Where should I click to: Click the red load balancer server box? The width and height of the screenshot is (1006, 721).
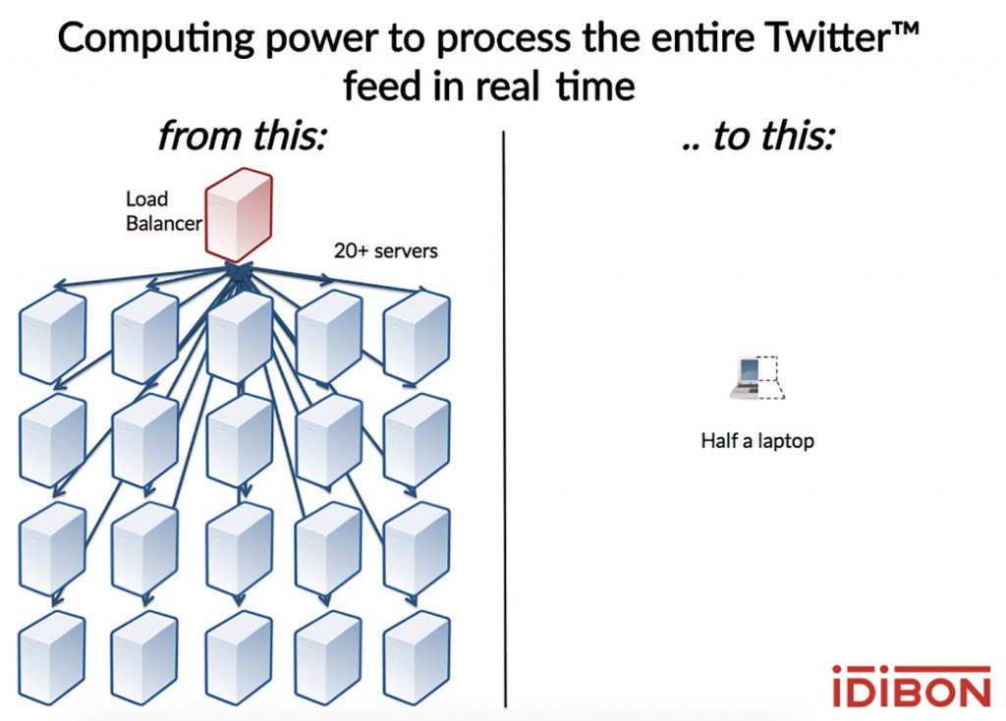pos(239,215)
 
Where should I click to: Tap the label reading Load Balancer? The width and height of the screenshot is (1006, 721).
pos(164,211)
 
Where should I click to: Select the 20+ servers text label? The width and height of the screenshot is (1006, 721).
pos(385,250)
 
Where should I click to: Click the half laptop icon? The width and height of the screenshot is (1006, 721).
pos(757,378)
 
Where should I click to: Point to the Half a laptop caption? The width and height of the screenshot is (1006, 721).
pos(757,441)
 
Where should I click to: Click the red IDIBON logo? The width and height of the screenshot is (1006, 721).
pos(911,687)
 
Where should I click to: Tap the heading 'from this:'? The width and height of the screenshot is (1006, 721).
pos(243,136)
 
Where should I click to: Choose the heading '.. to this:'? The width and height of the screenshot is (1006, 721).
pos(759,136)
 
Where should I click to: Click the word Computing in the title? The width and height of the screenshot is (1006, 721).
pos(156,39)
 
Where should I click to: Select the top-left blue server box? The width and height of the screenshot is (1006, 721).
pos(53,337)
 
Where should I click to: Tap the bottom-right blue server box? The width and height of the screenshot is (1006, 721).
pos(417,657)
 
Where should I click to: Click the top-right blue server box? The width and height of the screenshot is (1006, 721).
pos(417,337)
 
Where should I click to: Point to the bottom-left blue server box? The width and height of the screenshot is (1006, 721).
pos(52,657)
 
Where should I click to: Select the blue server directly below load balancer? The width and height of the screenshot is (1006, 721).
pos(240,337)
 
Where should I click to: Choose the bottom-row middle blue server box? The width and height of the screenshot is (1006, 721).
pos(240,657)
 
